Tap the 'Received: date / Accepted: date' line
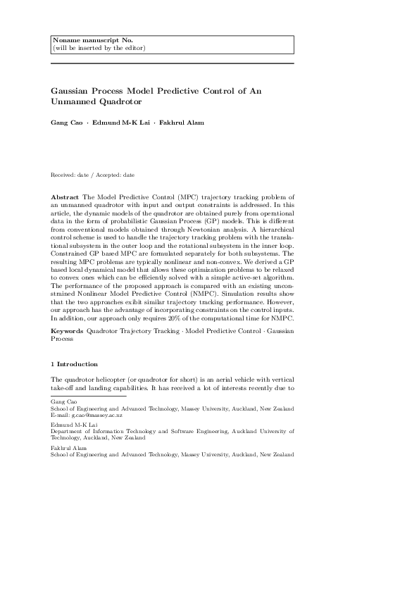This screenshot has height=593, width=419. pyautogui.click(x=92, y=174)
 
